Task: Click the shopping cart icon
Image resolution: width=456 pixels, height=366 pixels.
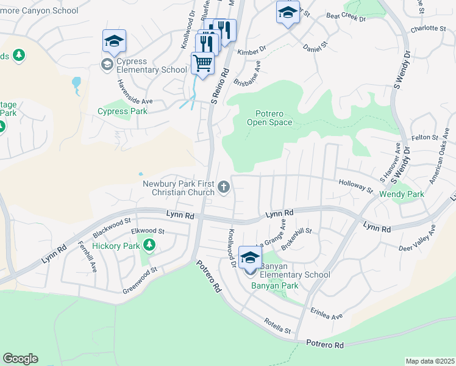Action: click(x=202, y=62)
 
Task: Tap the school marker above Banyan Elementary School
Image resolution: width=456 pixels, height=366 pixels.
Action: click(x=250, y=257)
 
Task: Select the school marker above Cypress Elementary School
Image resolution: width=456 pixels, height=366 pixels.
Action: click(x=114, y=40)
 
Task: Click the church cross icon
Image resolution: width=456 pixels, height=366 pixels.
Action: click(x=224, y=187)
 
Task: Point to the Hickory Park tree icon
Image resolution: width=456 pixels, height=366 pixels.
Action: click(x=149, y=246)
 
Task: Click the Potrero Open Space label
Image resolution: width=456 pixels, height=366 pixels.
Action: click(x=269, y=118)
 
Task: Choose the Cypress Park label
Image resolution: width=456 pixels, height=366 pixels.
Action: click(x=123, y=112)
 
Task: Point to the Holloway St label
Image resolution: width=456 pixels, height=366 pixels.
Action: click(x=356, y=184)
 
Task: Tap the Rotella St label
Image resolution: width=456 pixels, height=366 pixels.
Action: click(x=277, y=325)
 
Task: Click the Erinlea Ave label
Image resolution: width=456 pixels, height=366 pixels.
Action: click(x=326, y=313)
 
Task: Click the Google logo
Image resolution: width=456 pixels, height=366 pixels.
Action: click(x=20, y=359)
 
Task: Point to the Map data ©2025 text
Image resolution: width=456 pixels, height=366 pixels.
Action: click(x=430, y=361)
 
